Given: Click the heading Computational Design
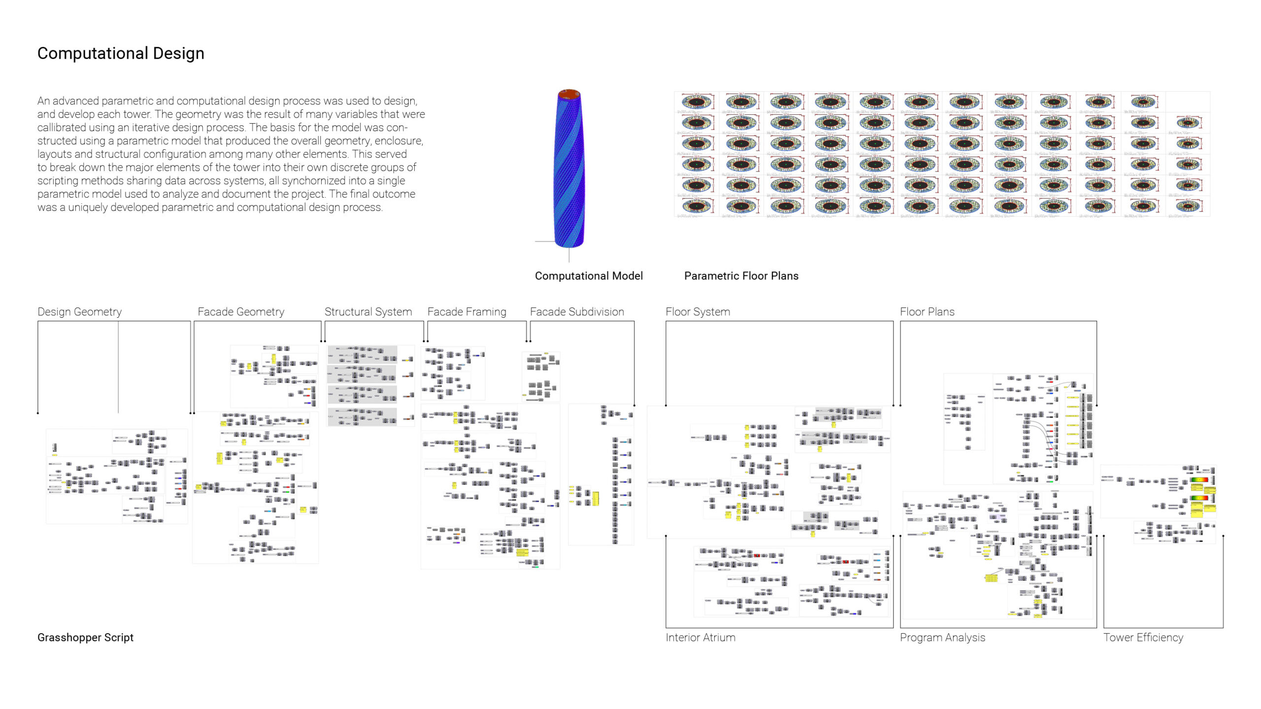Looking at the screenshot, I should click(x=121, y=53).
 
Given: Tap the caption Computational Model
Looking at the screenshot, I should click(x=589, y=276).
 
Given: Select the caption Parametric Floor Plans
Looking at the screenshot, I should click(x=741, y=276).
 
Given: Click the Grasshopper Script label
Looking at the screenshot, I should click(x=85, y=637).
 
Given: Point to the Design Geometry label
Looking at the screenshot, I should click(x=79, y=312).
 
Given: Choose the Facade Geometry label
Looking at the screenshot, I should click(x=241, y=312).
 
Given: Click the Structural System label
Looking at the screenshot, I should click(x=368, y=312).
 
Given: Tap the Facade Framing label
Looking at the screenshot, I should click(x=466, y=312).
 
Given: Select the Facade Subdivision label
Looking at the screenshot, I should click(x=577, y=312).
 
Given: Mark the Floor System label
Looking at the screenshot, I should click(x=697, y=312).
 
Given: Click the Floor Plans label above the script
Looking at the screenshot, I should click(x=927, y=312).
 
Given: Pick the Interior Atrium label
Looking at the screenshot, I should click(x=700, y=637).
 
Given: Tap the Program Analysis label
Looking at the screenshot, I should click(x=942, y=637).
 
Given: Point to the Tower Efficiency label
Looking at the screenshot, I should click(x=1143, y=637).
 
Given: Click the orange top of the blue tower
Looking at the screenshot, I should click(x=569, y=94).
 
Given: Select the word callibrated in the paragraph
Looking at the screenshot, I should click(x=61, y=127).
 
